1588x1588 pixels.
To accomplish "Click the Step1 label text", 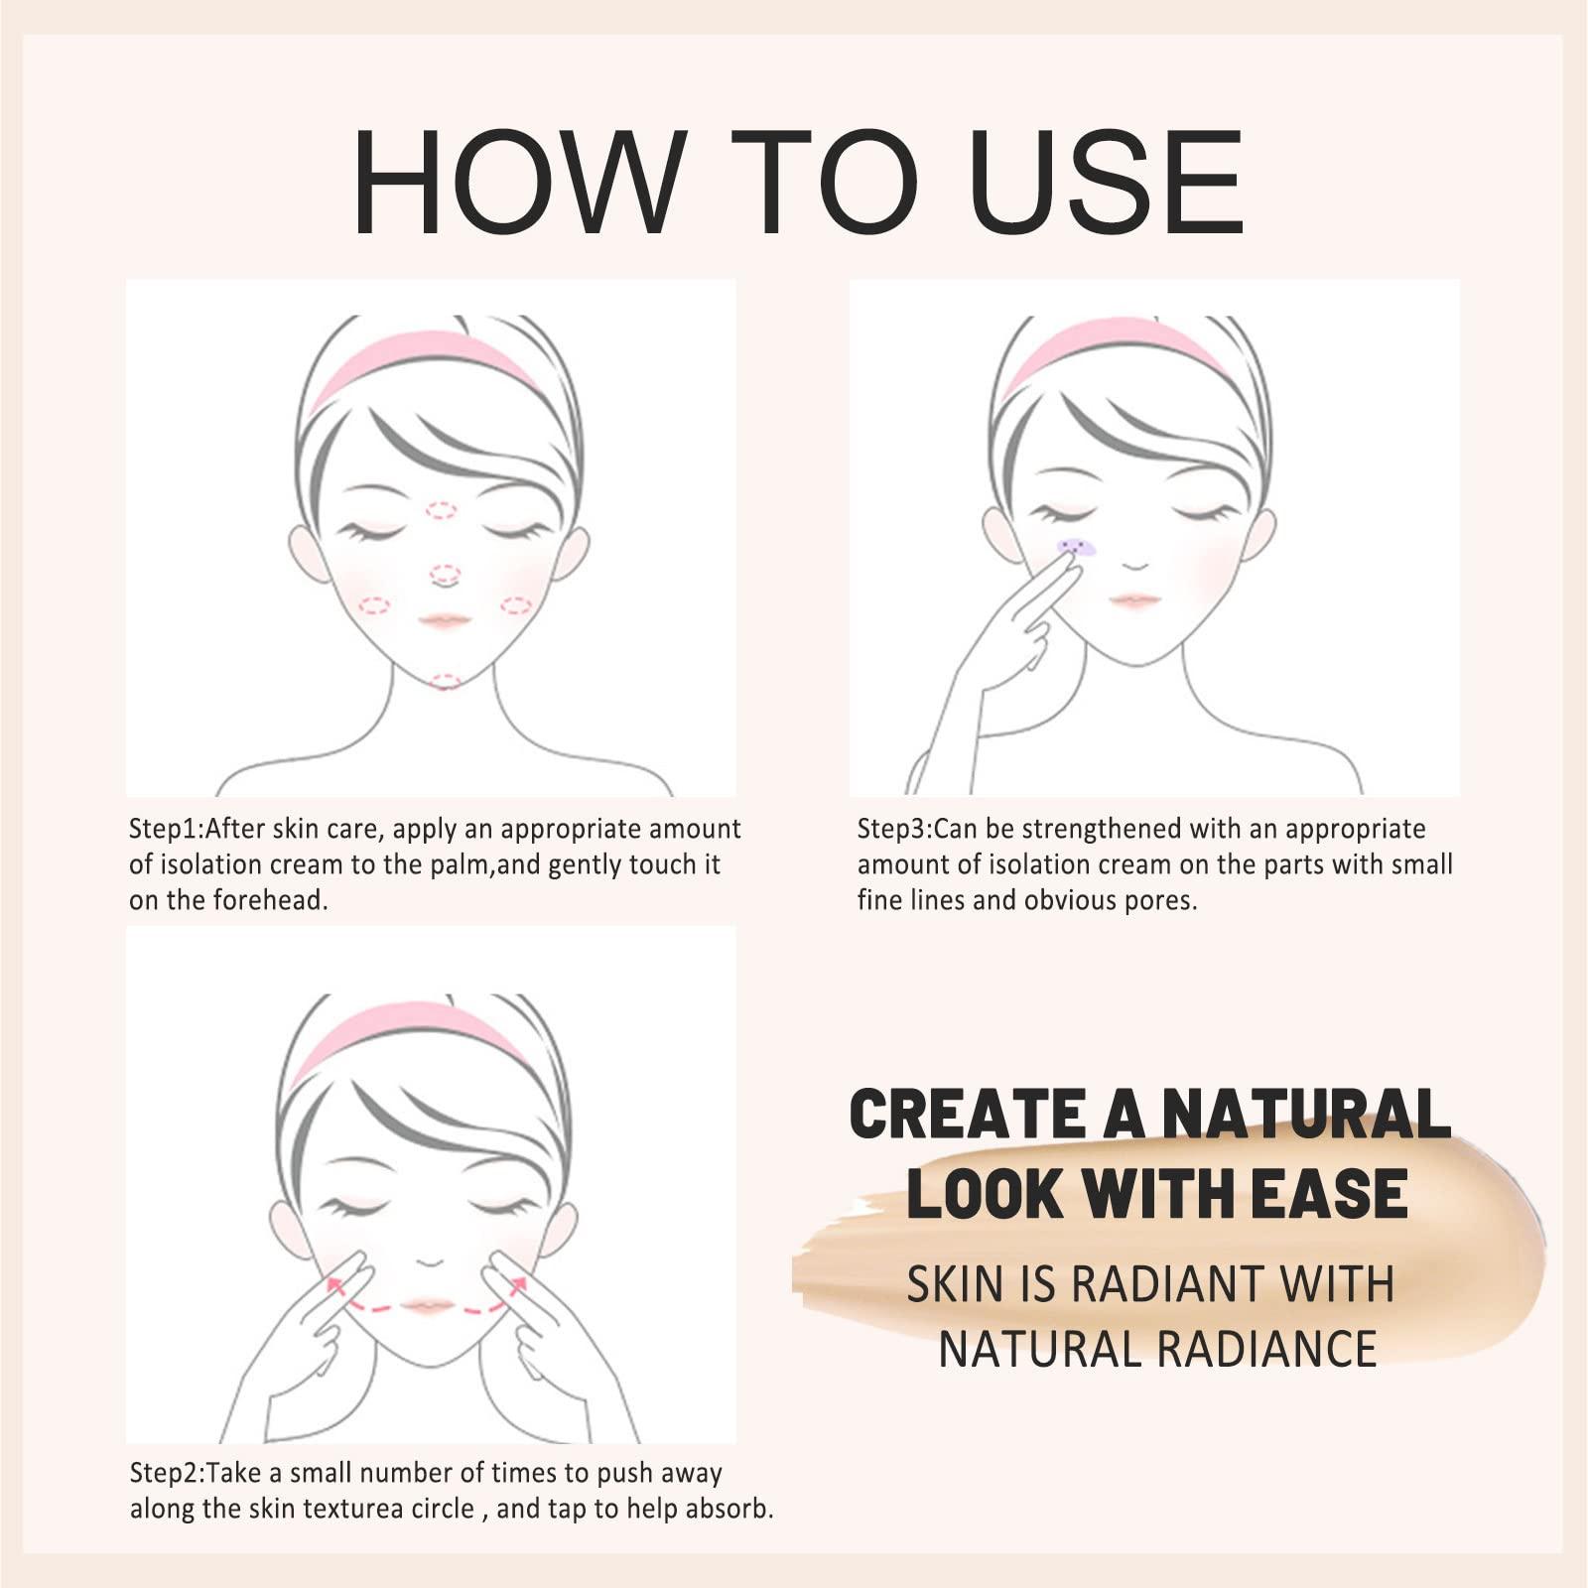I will coord(166,829).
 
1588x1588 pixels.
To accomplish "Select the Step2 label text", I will coord(167,1473).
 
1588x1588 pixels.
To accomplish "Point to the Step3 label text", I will coord(894,829).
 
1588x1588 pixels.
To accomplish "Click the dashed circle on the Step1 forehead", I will coord(442,510).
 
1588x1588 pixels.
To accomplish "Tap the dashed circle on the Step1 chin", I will coord(446,681).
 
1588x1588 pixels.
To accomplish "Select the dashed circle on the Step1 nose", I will coord(446,574).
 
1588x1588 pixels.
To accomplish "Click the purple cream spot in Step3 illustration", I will coord(1076,547).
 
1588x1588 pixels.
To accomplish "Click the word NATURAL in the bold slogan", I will coord(1306,1115).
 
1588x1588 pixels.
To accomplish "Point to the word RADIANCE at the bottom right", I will coord(1267,1349).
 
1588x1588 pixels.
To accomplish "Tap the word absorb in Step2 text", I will coord(728,1510).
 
